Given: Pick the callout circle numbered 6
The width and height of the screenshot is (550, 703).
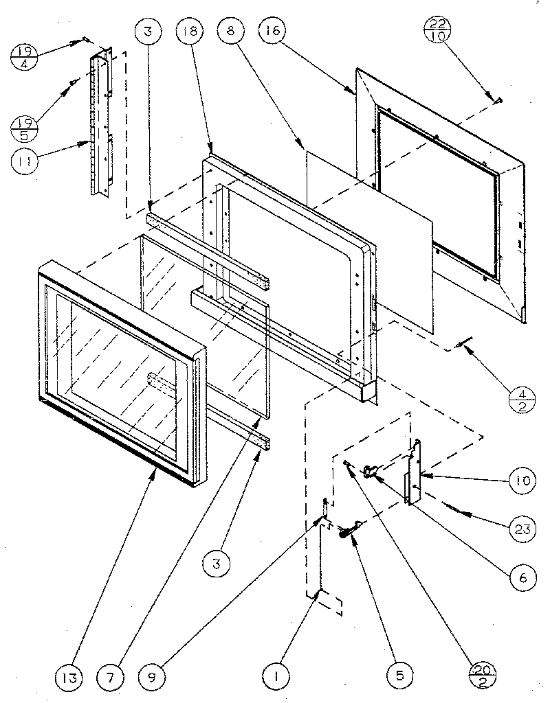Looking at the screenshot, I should click(x=522, y=577).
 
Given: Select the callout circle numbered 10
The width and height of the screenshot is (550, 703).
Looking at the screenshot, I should click(x=522, y=481).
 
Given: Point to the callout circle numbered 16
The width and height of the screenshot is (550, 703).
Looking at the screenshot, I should click(x=273, y=32).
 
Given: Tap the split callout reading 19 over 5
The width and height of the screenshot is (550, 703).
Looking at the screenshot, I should click(x=26, y=127).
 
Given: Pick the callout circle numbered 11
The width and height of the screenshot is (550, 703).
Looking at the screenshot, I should click(x=26, y=163).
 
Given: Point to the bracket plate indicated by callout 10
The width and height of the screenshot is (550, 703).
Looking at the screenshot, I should click(x=415, y=474).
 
